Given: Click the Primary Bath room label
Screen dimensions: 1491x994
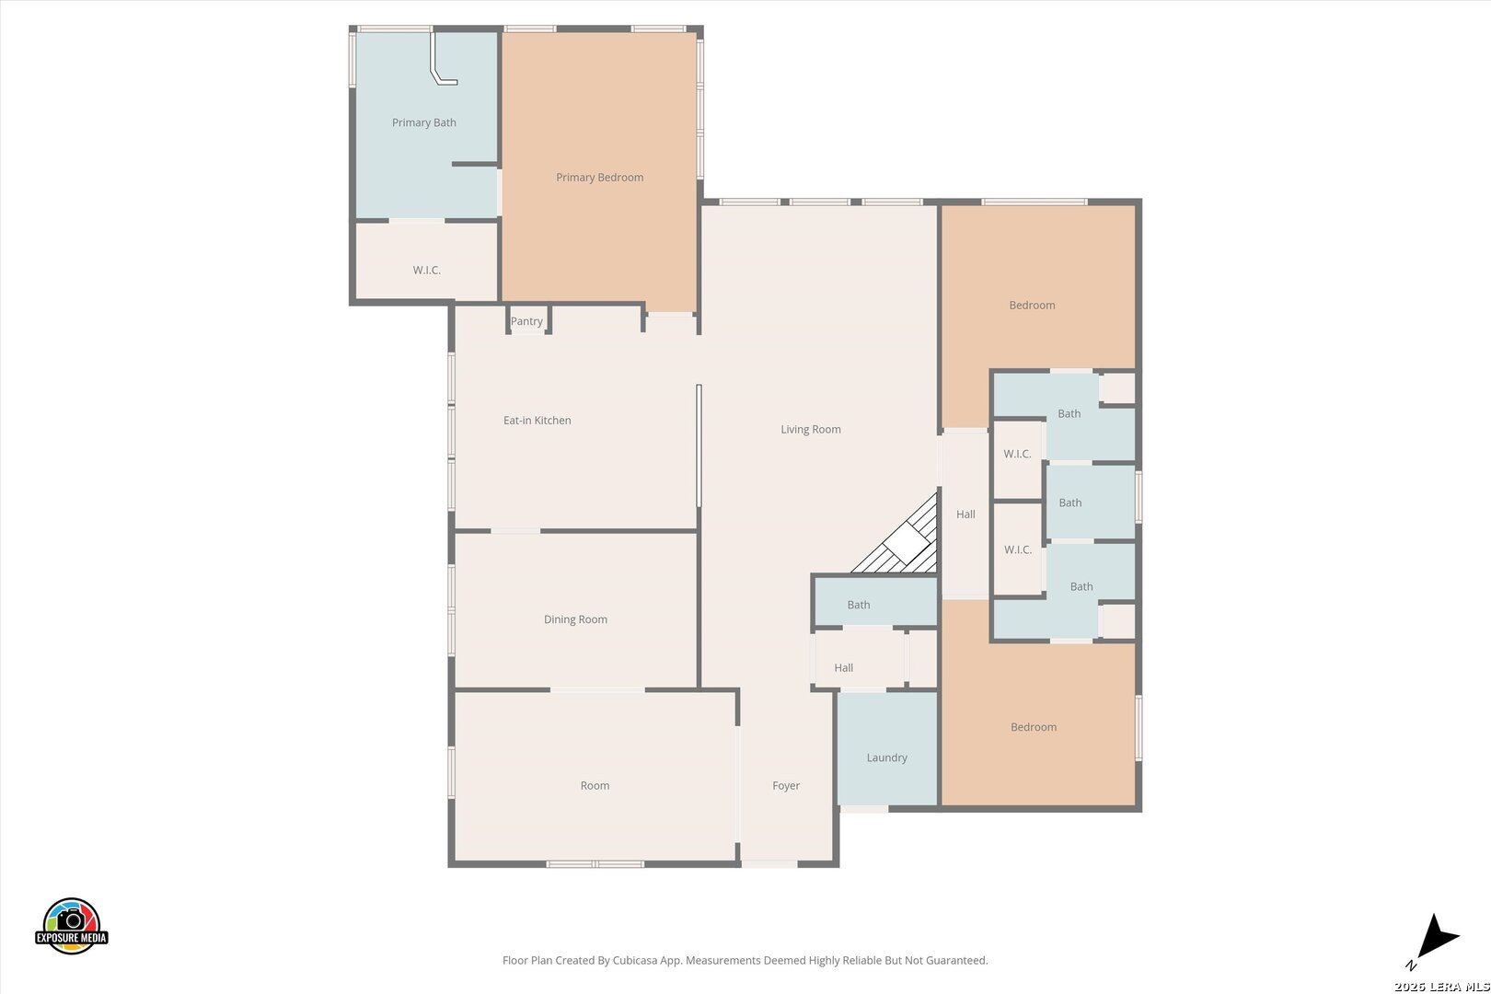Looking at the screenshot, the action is [424, 122].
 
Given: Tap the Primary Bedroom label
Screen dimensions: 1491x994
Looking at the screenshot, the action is [600, 177].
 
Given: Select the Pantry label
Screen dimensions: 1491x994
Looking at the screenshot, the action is [526, 321].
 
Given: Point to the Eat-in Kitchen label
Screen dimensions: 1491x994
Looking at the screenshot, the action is [537, 420].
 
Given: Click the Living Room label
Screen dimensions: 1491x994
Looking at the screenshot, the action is [811, 430].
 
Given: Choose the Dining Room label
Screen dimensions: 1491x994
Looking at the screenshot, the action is [576, 619].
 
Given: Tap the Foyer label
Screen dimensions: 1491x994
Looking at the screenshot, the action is [786, 786].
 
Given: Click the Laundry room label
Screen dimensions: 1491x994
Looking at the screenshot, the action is [887, 757].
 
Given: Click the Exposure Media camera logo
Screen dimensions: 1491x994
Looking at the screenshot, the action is [71, 925].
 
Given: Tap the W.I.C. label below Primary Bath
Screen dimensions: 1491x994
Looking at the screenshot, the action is [427, 270].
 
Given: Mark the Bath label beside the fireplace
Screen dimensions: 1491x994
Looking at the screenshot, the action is [859, 605].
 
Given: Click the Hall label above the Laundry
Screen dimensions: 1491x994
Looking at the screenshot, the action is [844, 668].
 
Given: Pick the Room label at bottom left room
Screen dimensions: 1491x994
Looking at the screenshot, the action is [595, 786].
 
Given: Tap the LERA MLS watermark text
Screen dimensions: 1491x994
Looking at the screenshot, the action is [1442, 986].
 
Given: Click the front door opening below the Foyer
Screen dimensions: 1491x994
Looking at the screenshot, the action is [769, 864].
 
